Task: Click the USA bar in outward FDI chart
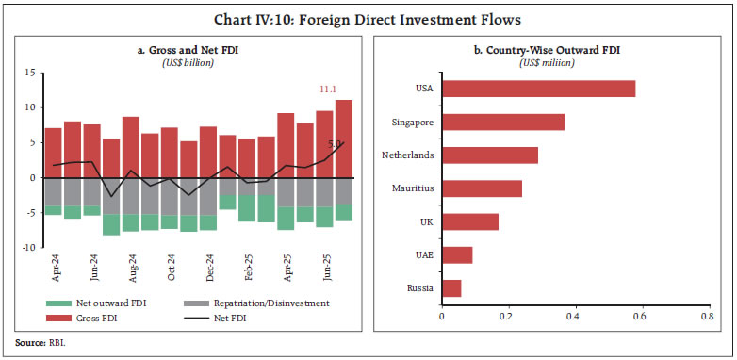tap(538, 89)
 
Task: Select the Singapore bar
tap(502, 122)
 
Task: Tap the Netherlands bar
tap(489, 155)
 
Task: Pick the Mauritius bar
tap(481, 188)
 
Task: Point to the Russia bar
tap(450, 287)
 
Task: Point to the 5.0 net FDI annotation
tap(335, 144)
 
